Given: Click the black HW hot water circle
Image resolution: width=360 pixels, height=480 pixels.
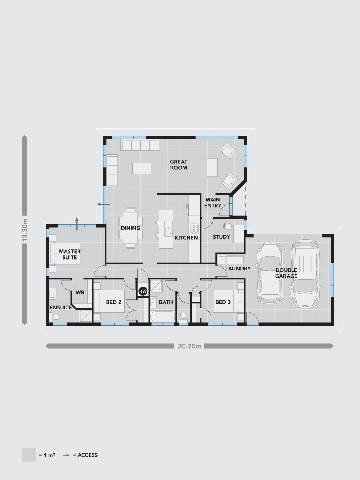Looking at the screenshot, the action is [x=143, y=291].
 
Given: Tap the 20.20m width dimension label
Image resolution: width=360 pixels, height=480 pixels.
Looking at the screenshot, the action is [x=189, y=346].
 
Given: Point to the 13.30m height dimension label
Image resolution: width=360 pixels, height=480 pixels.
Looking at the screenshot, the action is [x=25, y=230].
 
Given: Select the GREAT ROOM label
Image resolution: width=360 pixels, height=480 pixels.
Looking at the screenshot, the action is [x=178, y=165].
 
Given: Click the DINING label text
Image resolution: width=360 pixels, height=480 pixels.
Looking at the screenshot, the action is [x=130, y=228].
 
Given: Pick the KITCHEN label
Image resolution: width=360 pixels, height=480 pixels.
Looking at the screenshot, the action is [x=186, y=237].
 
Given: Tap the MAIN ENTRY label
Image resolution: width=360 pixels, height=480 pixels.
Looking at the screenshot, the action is [x=213, y=202].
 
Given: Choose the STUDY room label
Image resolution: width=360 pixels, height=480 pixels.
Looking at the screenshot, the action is [x=221, y=237].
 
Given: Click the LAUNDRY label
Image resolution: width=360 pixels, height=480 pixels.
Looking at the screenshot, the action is [x=238, y=268].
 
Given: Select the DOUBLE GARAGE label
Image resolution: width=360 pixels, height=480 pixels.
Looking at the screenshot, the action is [x=286, y=273].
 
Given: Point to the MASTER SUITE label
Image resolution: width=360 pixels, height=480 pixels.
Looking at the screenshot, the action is [x=70, y=254].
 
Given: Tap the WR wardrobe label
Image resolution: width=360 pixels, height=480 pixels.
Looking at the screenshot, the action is [x=80, y=292].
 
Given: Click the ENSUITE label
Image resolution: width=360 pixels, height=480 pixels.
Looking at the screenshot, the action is [x=60, y=307].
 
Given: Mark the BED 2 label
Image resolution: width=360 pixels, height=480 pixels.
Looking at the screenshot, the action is [x=114, y=302].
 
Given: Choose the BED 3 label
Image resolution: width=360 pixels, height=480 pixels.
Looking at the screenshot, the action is [x=223, y=302].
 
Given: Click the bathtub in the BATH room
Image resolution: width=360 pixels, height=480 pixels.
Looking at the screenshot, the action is [x=163, y=316].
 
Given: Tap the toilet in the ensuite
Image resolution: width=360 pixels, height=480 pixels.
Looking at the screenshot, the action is [x=55, y=316].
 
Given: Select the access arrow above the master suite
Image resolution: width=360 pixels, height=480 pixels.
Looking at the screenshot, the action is [x=77, y=224].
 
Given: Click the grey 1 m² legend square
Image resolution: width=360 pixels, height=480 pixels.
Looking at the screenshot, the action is [x=29, y=454].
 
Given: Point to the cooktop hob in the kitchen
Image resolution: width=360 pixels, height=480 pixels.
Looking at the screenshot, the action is [x=194, y=228].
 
